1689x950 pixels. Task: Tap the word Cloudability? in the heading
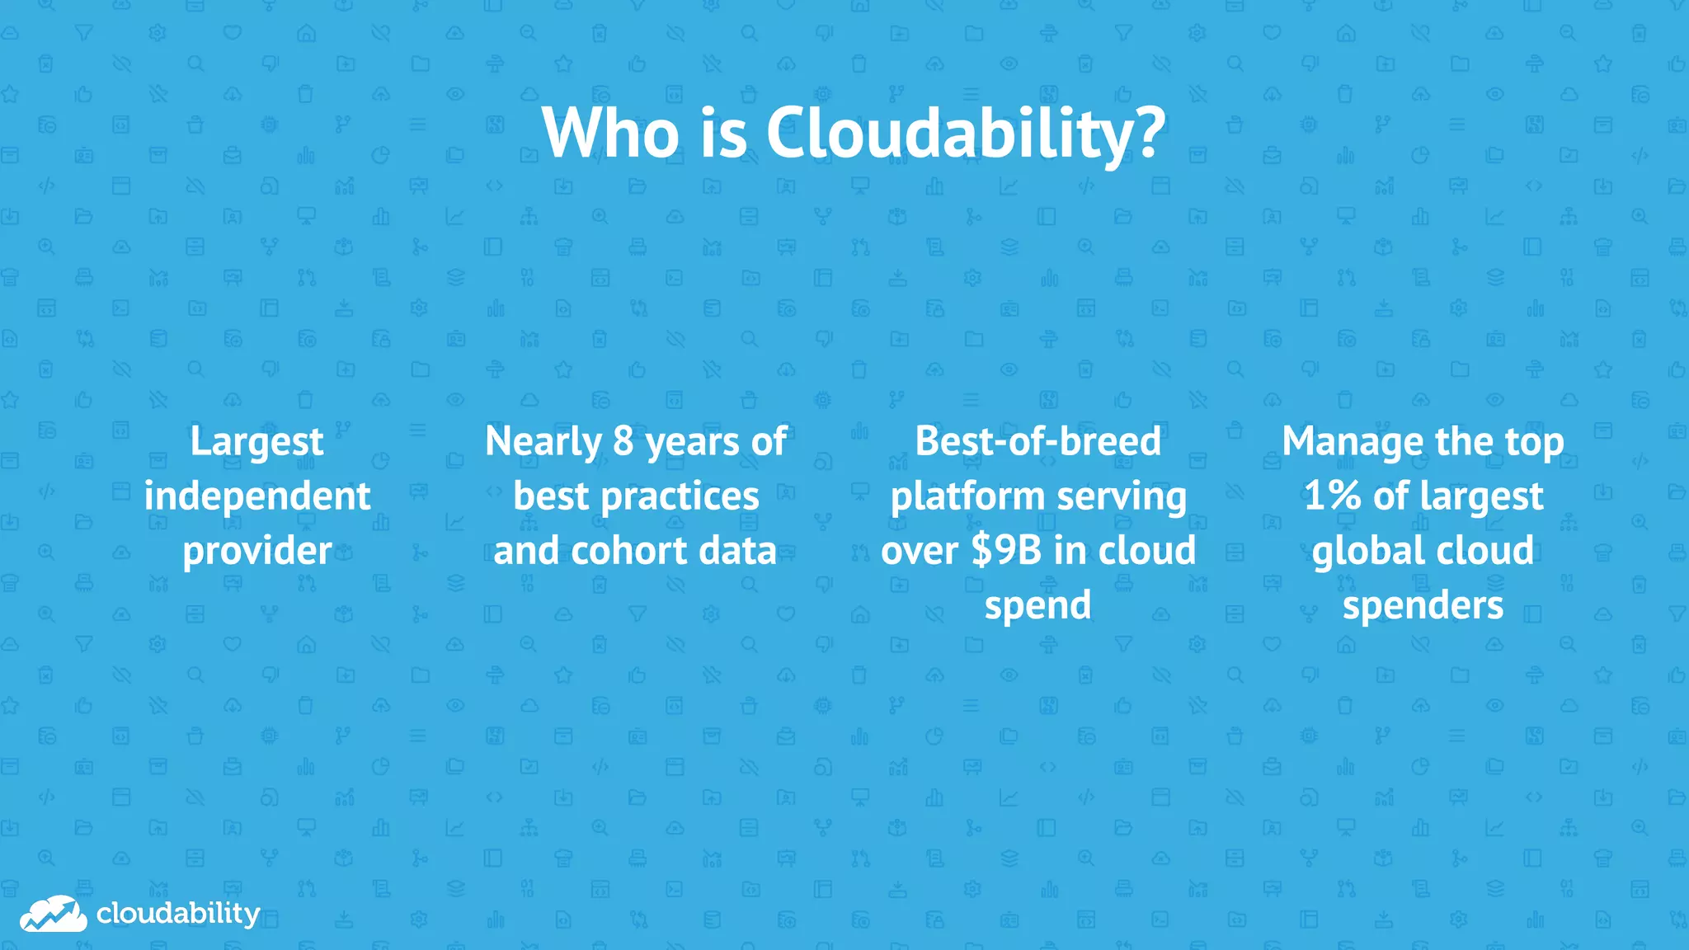pyautogui.click(x=966, y=134)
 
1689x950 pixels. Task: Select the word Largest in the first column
pyautogui.click(x=256, y=442)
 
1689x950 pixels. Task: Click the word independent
pyautogui.click(x=256, y=496)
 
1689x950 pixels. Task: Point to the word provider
pyautogui.click(x=256, y=551)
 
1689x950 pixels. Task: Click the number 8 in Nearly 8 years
pyautogui.click(x=623, y=441)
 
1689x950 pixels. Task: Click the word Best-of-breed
pyautogui.click(x=1037, y=441)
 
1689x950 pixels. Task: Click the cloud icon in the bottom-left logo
pyautogui.click(x=53, y=914)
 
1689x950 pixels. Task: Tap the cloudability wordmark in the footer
pyautogui.click(x=177, y=914)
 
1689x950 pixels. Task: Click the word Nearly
pyautogui.click(x=543, y=442)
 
